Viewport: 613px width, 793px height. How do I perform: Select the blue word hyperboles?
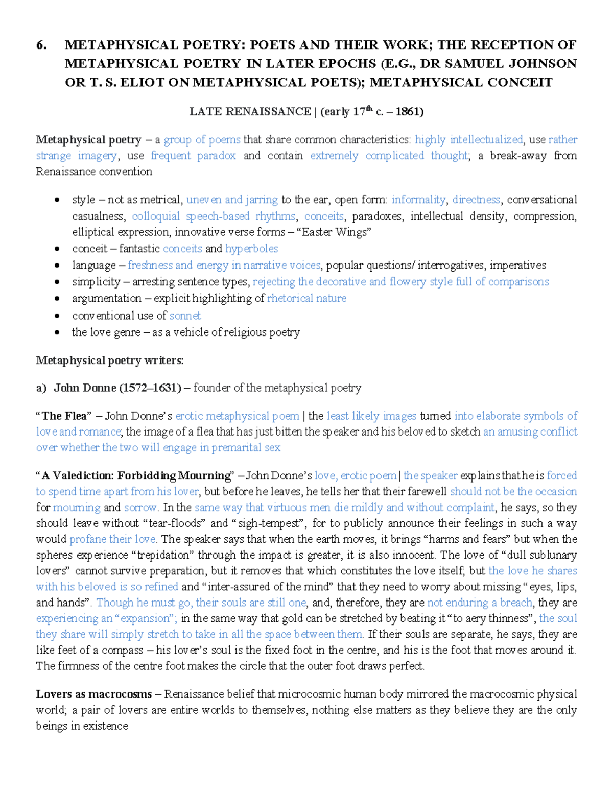click(251, 249)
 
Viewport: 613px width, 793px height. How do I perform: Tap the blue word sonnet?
click(185, 316)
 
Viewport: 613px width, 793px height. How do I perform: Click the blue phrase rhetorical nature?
click(306, 299)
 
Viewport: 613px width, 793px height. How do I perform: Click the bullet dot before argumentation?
click(57, 299)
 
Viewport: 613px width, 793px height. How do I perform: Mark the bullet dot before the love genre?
click(57, 332)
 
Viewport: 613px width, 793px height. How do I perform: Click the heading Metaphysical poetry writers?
click(109, 361)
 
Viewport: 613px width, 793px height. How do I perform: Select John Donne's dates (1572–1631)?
click(150, 388)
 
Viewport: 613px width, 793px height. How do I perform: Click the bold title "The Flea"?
click(63, 416)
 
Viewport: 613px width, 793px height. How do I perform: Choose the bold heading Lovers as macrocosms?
click(93, 694)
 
